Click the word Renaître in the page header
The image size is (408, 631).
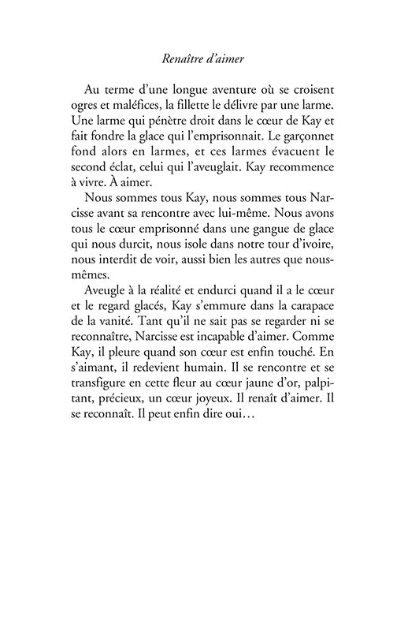coord(182,57)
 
